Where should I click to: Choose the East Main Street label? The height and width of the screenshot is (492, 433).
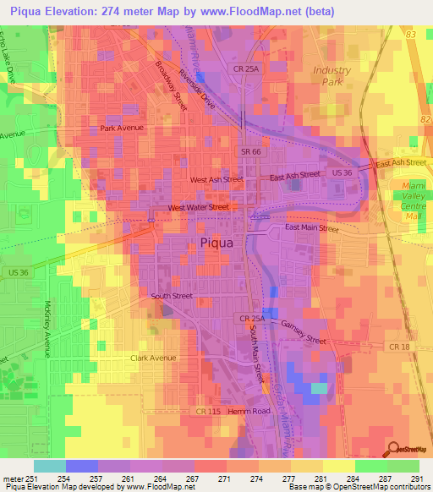[x=311, y=228]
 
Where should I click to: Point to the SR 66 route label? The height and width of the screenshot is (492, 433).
[x=247, y=149]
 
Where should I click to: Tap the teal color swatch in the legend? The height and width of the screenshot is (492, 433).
[x=49, y=466]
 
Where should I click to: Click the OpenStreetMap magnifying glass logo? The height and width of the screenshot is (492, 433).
[x=392, y=451]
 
